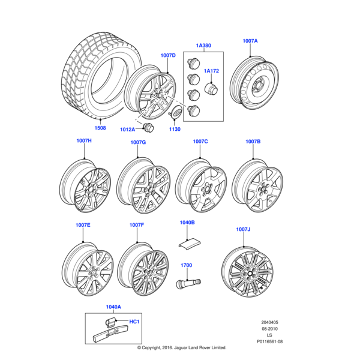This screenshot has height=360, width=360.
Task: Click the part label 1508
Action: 100,128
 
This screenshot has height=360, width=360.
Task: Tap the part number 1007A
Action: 251,40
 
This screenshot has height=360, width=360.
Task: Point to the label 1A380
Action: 204,46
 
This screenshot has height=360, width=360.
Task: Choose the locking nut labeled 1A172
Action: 211,89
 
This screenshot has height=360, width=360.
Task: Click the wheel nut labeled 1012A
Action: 148,128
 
